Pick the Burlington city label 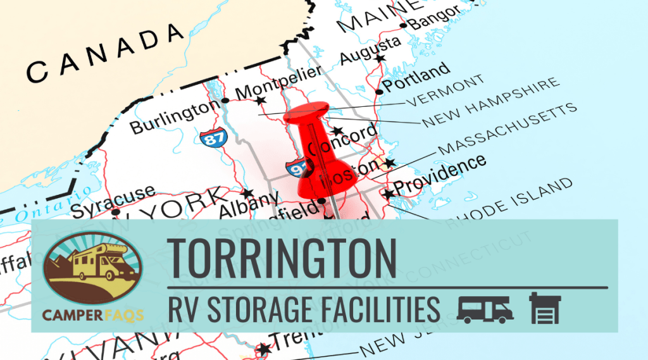174,118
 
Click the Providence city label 440,175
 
